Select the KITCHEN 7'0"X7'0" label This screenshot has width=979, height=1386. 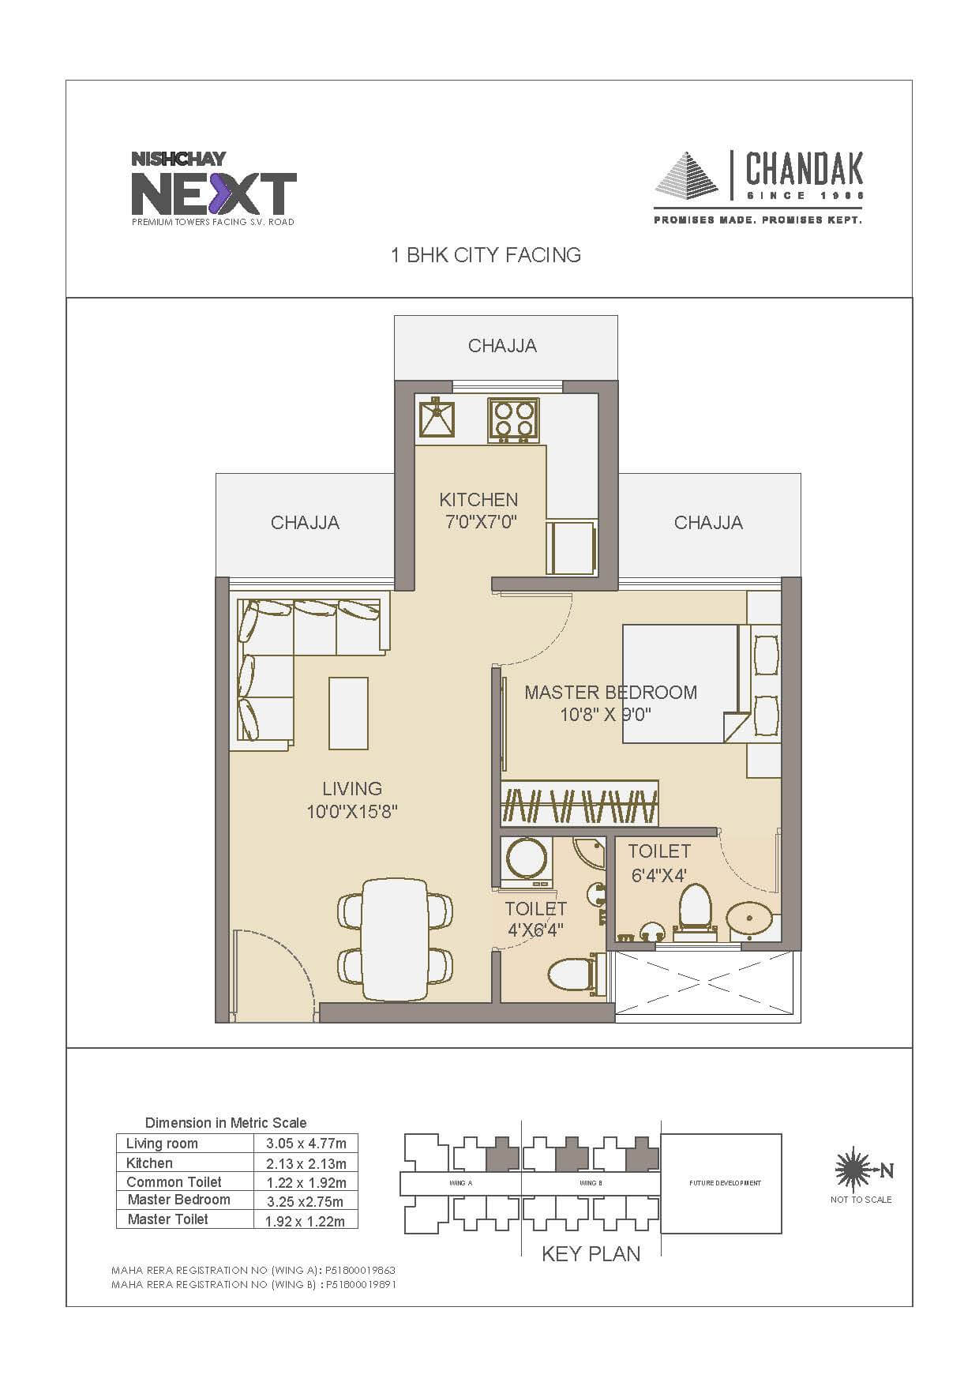pyautogui.click(x=478, y=510)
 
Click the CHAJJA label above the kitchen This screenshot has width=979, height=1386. pyautogui.click(x=502, y=346)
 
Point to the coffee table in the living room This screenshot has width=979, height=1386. pyautogui.click(x=348, y=712)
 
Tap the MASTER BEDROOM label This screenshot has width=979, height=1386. pyautogui.click(x=610, y=693)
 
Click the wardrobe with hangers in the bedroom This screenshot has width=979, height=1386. pyautogui.click(x=580, y=804)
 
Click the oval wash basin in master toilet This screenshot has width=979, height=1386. pyautogui.click(x=747, y=918)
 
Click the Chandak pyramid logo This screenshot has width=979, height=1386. pyautogui.click(x=687, y=179)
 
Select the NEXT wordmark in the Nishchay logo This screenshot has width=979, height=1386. pyautogui.click(x=213, y=193)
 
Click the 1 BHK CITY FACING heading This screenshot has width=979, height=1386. pyautogui.click(x=486, y=255)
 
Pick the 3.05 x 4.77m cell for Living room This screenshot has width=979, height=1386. pyautogui.click(x=306, y=1143)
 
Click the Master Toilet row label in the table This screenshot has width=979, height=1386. pyautogui.click(x=167, y=1219)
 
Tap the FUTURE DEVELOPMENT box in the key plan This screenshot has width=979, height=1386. pyautogui.click(x=721, y=1182)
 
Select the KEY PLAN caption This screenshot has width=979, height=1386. pyautogui.click(x=591, y=1253)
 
